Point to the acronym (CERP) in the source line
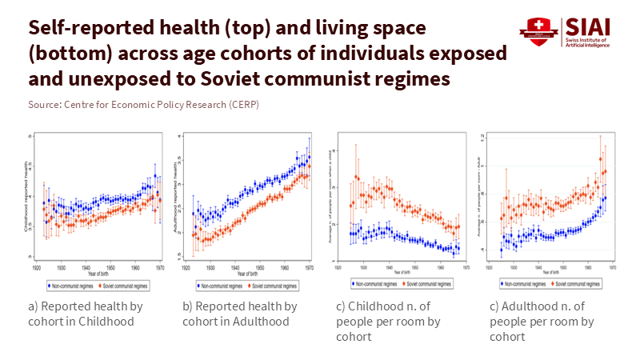tap(244, 105)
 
